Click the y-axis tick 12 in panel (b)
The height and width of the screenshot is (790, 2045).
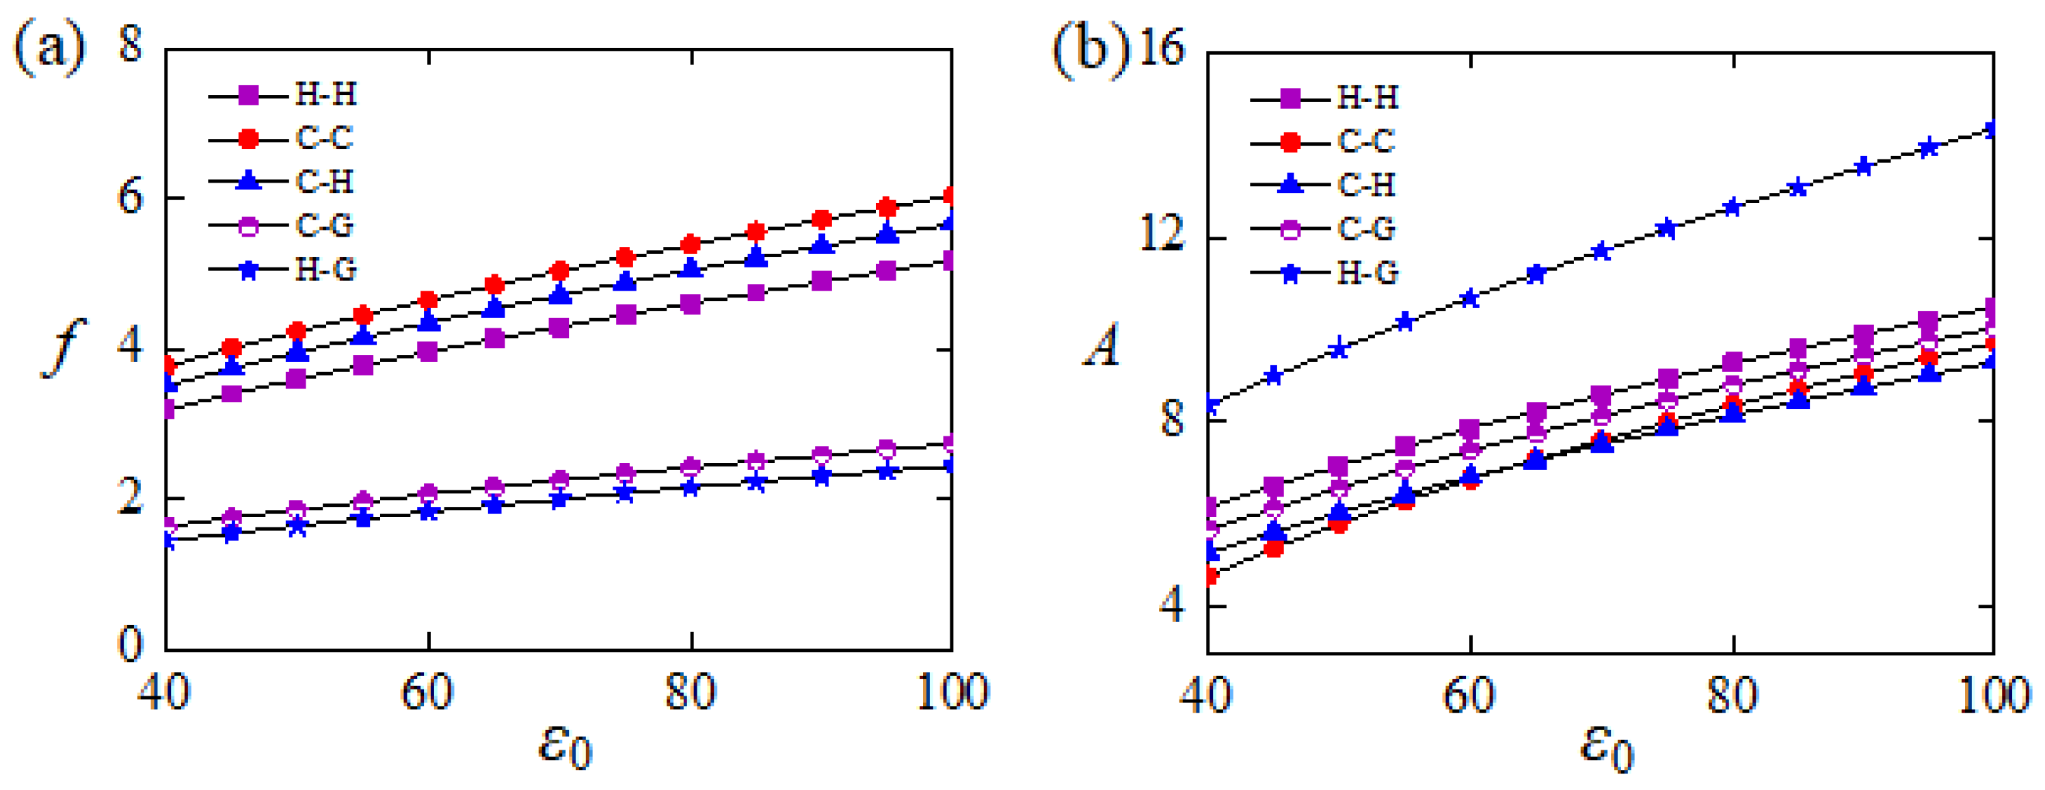coord(1161,236)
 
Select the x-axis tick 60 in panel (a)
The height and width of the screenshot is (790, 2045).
coord(427,692)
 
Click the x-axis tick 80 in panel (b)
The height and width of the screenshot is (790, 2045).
coord(1733,696)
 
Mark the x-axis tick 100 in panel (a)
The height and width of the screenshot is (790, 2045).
coord(952,692)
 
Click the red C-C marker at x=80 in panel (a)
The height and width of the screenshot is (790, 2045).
coord(691,243)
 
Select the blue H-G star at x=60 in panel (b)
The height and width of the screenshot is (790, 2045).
coord(1470,298)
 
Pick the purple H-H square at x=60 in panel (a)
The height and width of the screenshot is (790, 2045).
coord(428,351)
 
